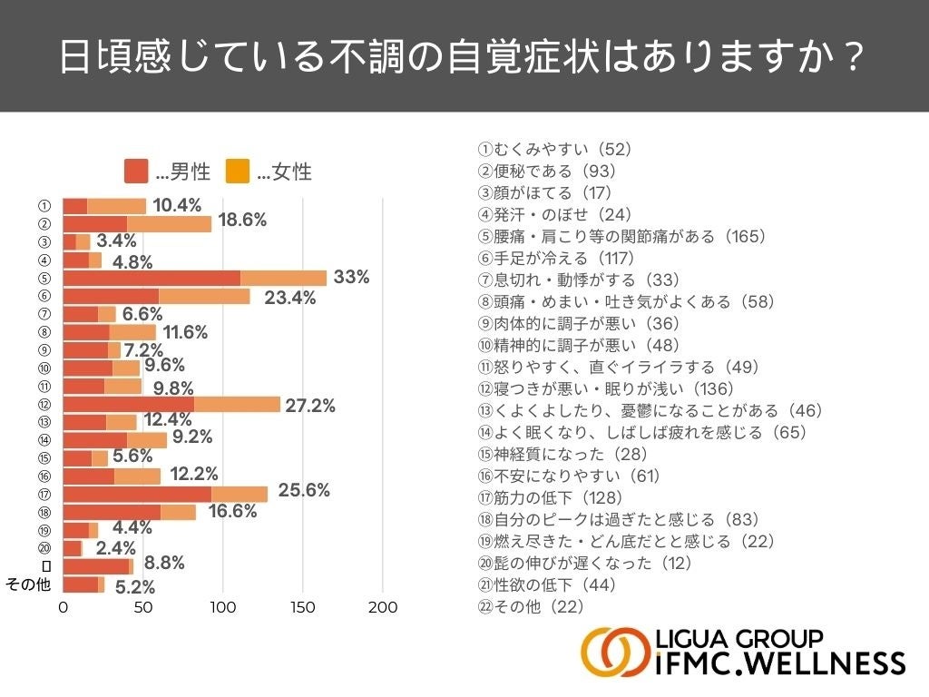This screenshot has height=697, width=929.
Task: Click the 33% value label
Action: pyautogui.click(x=351, y=278)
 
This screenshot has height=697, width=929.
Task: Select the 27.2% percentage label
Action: pyautogui.click(x=310, y=406)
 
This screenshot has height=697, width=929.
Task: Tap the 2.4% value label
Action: pyautogui.click(x=115, y=548)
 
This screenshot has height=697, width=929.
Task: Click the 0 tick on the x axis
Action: pyautogui.click(x=63, y=607)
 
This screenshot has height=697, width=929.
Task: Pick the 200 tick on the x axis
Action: pyautogui.click(x=384, y=607)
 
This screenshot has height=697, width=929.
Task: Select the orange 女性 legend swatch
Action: pyautogui.click(x=237, y=171)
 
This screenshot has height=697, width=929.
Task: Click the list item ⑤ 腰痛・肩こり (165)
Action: pyautogui.click(x=622, y=237)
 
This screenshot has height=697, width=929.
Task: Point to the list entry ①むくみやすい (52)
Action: pyautogui.click(x=554, y=150)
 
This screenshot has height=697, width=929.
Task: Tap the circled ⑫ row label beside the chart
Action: pyautogui.click(x=44, y=404)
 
